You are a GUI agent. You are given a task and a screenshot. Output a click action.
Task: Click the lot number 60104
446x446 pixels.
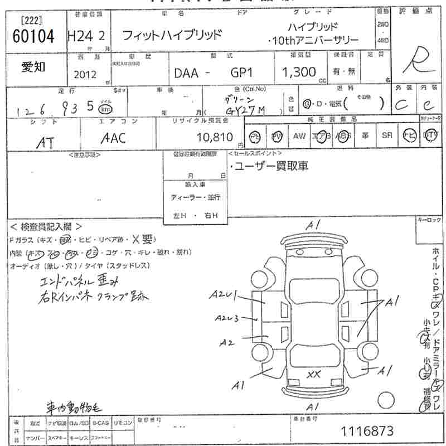point(33,37)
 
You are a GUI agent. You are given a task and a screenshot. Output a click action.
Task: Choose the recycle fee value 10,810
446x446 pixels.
point(214,137)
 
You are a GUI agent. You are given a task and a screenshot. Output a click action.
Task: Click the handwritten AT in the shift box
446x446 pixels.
point(44,142)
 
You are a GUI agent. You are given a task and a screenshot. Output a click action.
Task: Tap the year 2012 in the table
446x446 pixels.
point(85,74)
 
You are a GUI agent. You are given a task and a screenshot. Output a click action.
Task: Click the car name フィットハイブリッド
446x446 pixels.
point(172,35)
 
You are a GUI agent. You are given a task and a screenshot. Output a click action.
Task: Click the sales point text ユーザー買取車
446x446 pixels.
point(270,166)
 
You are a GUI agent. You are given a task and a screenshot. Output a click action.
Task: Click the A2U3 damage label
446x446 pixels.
point(227,318)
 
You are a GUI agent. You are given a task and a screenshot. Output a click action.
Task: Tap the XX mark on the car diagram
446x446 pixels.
point(313,375)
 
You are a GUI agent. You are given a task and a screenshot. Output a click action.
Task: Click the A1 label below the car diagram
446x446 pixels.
point(313,408)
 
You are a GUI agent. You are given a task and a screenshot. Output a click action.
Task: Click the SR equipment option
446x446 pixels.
point(386,135)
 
